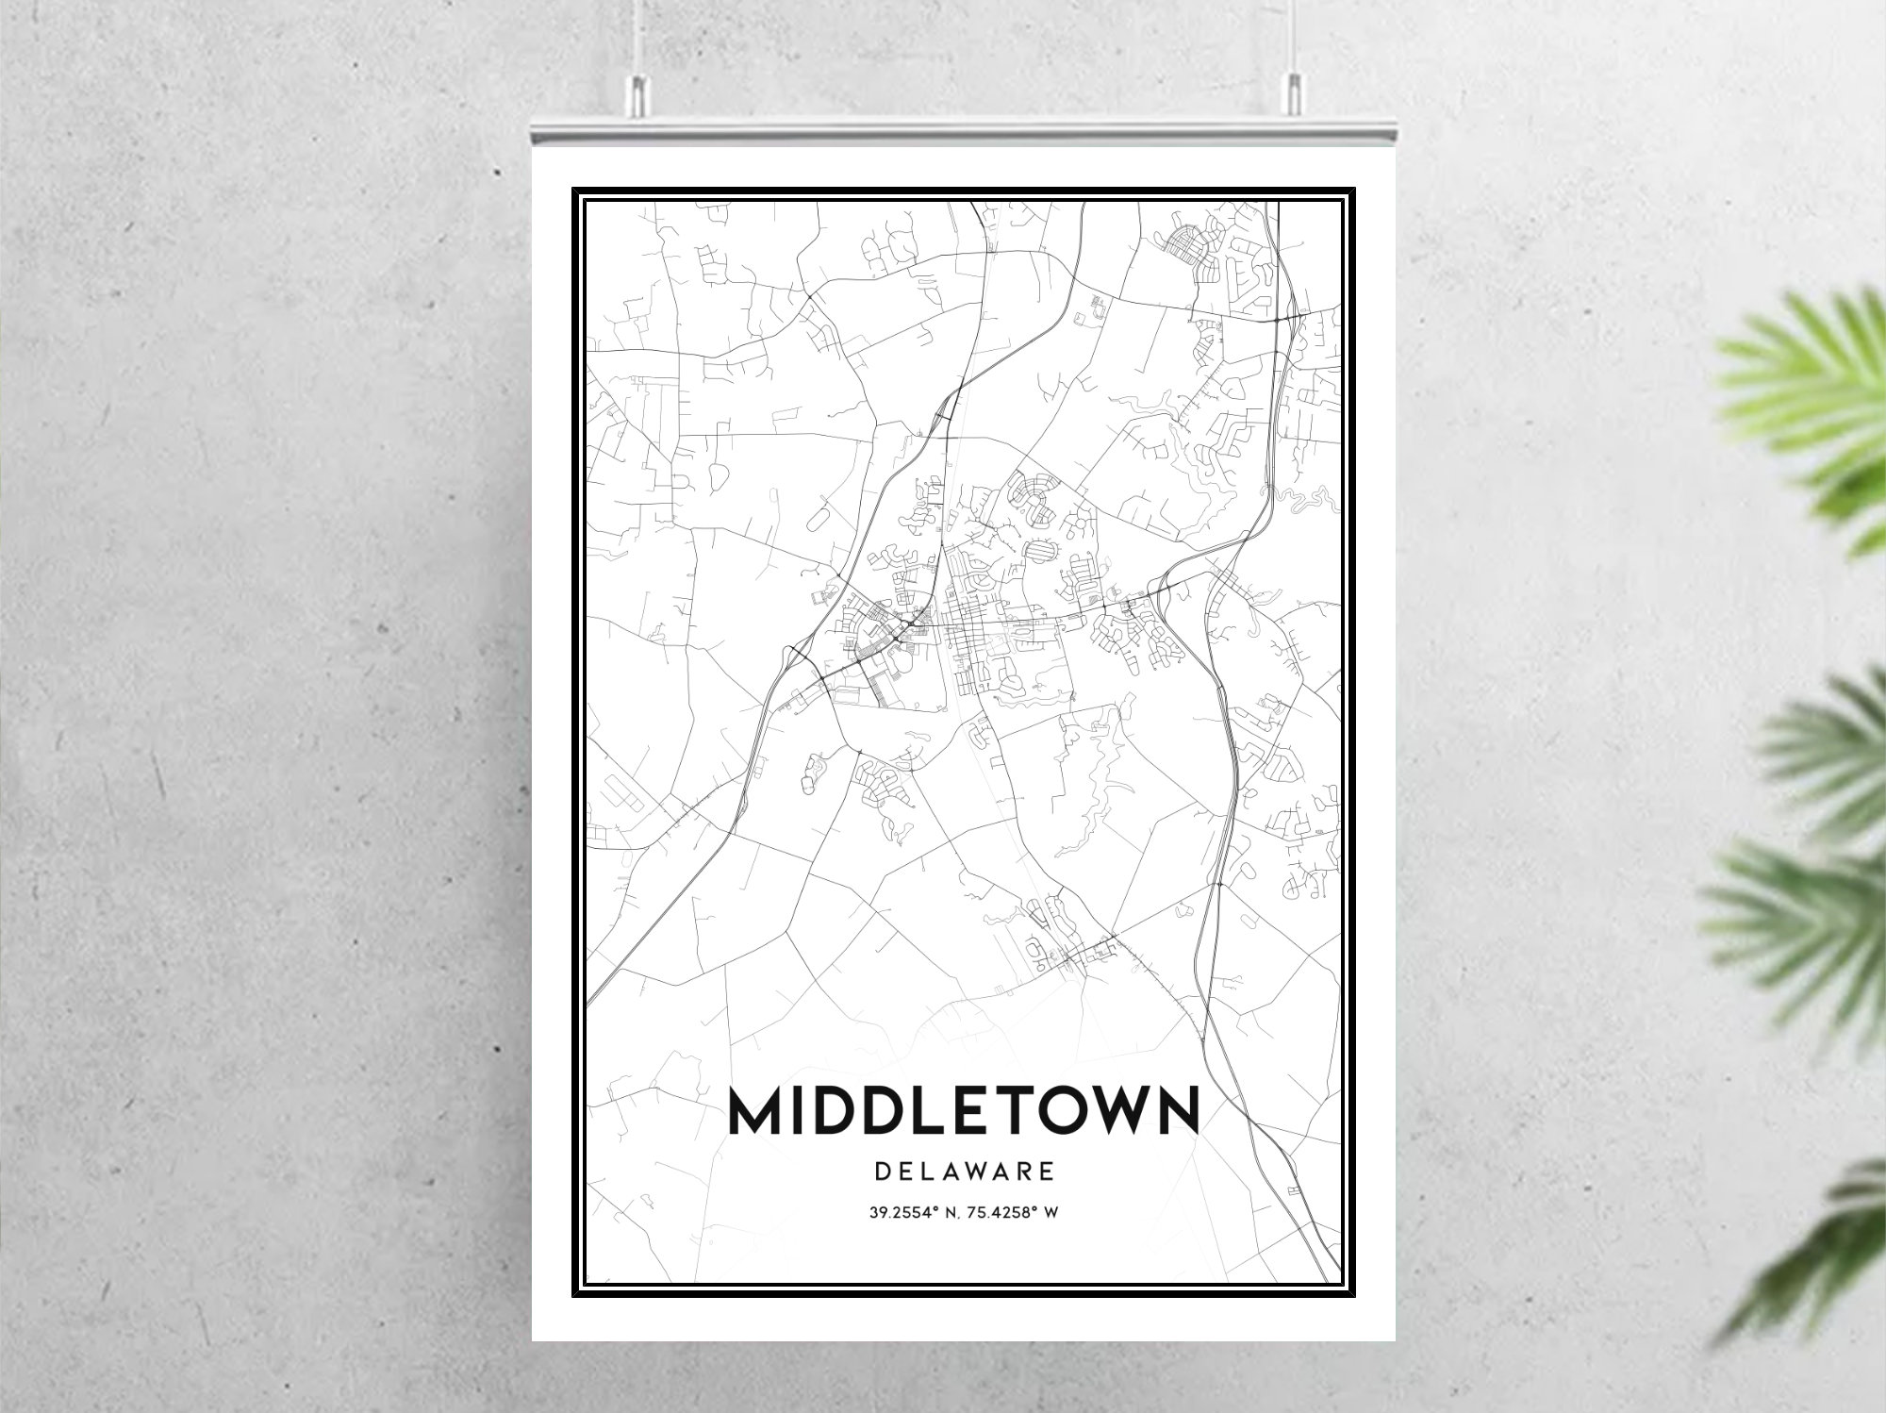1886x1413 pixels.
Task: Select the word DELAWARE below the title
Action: [x=964, y=1172]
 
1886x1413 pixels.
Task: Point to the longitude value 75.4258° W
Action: [x=1016, y=1212]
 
